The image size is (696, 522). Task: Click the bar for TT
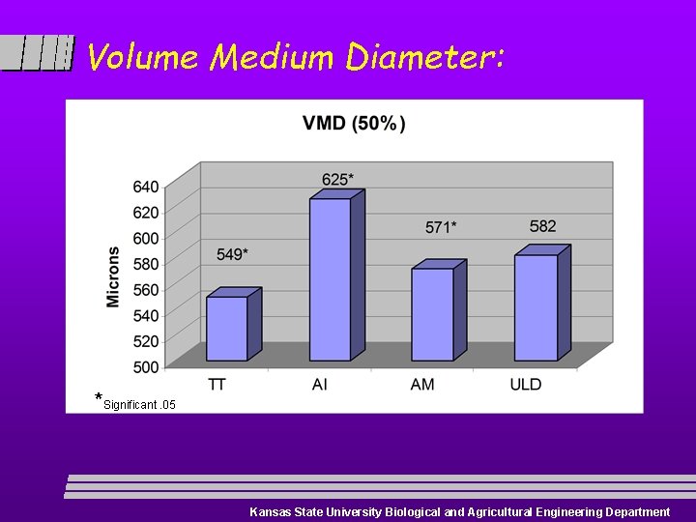pos(227,328)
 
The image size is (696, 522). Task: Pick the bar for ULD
pos(536,306)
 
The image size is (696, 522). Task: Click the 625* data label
pos(337,179)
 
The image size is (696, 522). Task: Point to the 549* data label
pos(232,254)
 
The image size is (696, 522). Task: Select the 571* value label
pos(441,227)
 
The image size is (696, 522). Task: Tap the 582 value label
pos(542,226)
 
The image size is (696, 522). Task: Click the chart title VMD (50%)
pos(354,123)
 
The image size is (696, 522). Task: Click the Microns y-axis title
pos(114,276)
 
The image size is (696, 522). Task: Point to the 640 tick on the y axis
pos(146,186)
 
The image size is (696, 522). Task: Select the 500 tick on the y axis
pos(146,367)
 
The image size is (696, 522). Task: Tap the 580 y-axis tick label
pos(146,264)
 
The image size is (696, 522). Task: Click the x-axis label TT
pos(217,385)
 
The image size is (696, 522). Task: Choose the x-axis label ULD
pos(526,385)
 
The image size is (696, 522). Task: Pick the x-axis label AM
pos(422,385)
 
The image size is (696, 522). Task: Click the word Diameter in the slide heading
pos(423,58)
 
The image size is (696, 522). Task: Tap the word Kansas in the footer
pos(270,512)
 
